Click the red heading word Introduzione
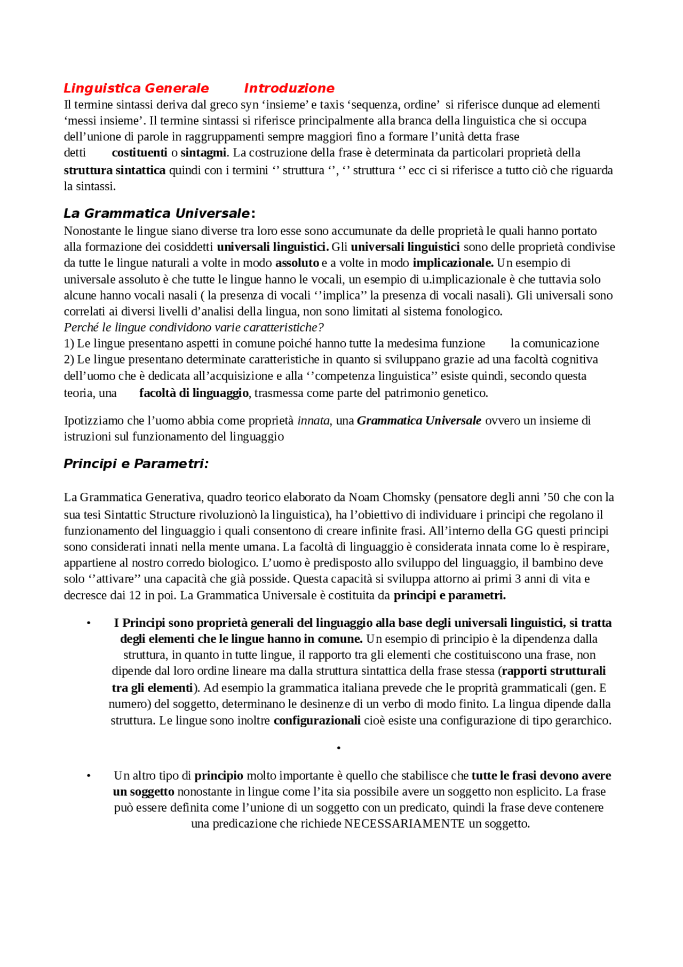(x=289, y=89)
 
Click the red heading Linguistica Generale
(x=136, y=89)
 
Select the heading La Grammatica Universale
(x=156, y=214)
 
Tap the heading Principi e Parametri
(x=136, y=464)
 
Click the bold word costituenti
(x=139, y=153)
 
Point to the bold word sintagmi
(x=203, y=153)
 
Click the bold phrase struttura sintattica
(x=114, y=171)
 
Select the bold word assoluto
(x=297, y=263)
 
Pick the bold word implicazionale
(x=452, y=263)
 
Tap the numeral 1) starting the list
(x=69, y=344)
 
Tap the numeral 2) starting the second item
(x=69, y=360)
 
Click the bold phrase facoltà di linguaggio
(x=194, y=394)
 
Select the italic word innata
(x=314, y=421)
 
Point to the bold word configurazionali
(x=317, y=721)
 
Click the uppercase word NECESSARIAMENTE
(x=404, y=824)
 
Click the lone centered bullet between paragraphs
(x=339, y=748)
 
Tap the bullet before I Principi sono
(x=89, y=624)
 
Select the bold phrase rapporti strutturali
(x=553, y=671)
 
